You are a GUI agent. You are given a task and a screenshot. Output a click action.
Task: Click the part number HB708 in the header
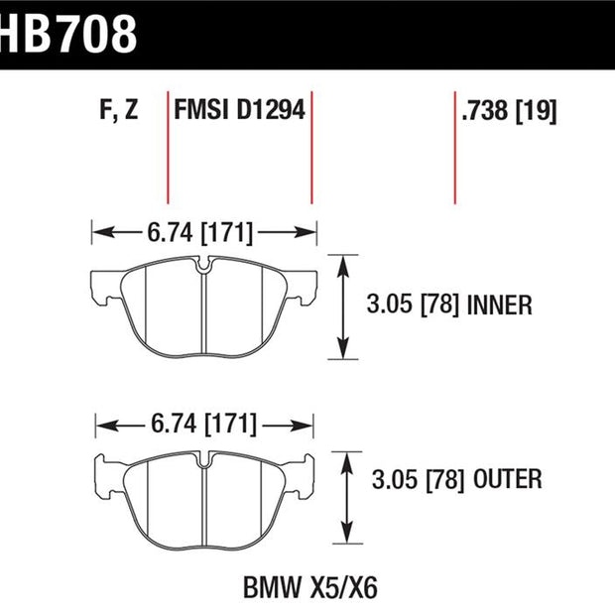67,34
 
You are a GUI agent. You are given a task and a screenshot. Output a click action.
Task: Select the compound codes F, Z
119,110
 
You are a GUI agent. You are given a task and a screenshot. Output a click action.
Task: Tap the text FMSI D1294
239,110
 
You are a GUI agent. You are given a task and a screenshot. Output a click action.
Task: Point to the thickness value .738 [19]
509,111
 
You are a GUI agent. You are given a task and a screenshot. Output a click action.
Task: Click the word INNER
499,306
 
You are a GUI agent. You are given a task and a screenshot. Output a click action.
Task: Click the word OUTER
508,479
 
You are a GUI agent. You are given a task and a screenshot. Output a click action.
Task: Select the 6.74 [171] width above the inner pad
200,232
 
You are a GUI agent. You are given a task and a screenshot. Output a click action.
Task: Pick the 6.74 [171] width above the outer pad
204,424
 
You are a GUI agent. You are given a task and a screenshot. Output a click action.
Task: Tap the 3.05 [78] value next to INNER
413,306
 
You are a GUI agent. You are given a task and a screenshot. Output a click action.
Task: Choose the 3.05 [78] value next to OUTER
419,479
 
